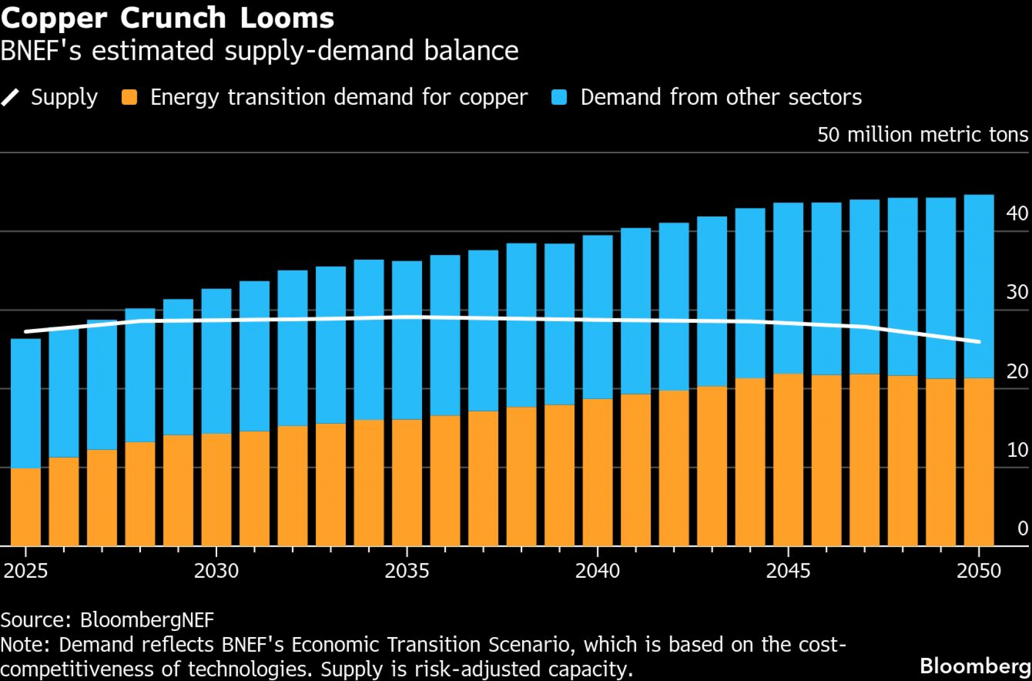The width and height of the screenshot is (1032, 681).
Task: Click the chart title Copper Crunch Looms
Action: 168,18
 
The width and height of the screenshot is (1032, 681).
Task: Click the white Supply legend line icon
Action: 10,97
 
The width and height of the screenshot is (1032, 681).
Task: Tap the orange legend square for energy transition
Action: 129,97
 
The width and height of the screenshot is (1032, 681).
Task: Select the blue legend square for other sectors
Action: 559,97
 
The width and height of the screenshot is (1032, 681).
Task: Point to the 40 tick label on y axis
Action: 1017,213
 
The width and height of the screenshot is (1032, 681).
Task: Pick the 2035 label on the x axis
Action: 407,571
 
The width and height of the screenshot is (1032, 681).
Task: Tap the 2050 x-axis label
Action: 978,571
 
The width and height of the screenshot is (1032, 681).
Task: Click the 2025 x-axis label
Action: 26,571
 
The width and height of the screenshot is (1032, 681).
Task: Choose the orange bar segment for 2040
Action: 598,472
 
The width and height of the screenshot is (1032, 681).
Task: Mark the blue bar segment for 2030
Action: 216,361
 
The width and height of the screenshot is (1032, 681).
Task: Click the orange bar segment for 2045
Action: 788,460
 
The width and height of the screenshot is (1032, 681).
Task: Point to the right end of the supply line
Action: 978,341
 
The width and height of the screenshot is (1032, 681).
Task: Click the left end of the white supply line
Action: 26,331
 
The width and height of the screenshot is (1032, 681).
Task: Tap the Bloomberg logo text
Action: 975,666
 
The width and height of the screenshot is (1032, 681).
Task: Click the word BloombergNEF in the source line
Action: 147,620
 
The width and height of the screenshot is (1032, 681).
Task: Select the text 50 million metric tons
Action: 923,135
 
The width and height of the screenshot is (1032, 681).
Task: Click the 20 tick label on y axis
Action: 1017,371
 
